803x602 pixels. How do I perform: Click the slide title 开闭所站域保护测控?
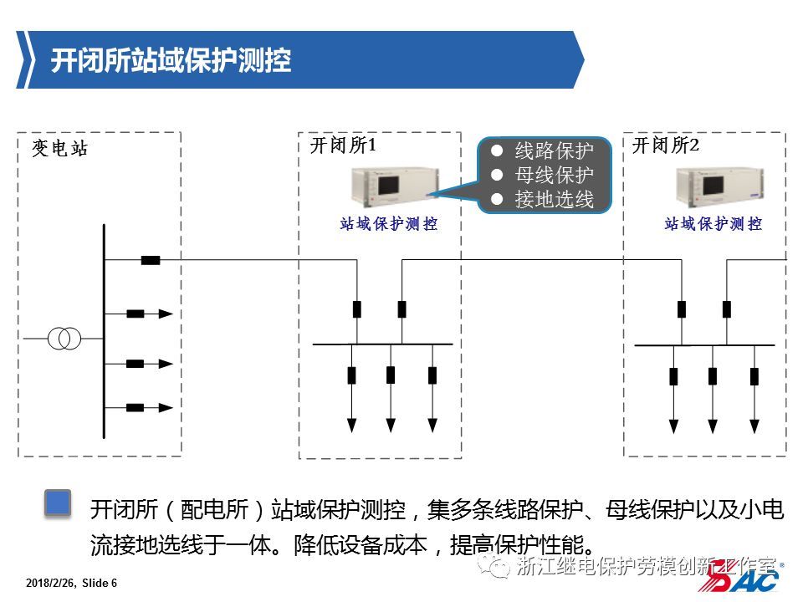pos(171,60)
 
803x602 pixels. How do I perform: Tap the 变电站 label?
pos(59,150)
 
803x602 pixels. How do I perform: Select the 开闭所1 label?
pos(343,145)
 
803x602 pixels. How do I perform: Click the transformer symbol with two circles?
pos(64,339)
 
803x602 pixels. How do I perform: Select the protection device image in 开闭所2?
pos(708,189)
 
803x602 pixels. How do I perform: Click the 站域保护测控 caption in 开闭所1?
pos(389,224)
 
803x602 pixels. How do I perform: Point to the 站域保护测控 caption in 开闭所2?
pos(713,224)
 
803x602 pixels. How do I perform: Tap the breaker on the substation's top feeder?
pos(151,260)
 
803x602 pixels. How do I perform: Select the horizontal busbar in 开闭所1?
pos(382,344)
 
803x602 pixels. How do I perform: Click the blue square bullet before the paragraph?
pos(58,503)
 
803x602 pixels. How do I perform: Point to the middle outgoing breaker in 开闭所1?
pos(391,375)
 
